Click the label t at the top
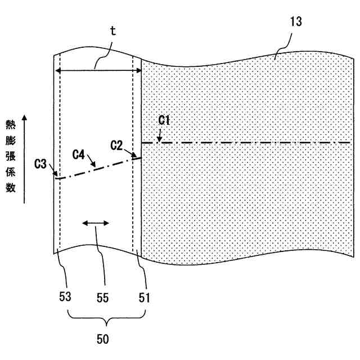[112, 31]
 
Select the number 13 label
[296, 22]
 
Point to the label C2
[116, 145]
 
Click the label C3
[40, 164]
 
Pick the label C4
[80, 153]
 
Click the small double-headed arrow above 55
[95, 224]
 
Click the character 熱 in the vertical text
[11, 124]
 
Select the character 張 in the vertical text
[11, 156]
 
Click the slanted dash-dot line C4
[96, 167]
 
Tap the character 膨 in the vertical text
[11, 140]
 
